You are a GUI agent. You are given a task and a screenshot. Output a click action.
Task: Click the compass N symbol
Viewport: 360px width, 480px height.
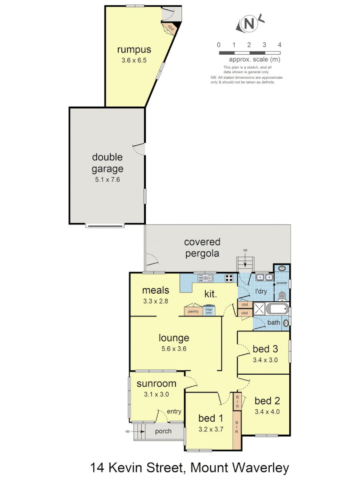250,24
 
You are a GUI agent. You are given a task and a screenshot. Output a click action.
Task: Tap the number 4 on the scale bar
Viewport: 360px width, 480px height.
279,45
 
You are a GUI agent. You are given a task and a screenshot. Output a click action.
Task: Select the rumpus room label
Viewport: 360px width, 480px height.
134,49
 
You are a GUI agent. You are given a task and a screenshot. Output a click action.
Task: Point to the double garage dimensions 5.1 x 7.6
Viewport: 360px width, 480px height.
107,180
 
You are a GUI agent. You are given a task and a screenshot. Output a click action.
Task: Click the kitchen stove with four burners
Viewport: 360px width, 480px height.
229,278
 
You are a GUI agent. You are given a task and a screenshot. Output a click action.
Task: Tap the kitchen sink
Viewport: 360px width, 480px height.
206,278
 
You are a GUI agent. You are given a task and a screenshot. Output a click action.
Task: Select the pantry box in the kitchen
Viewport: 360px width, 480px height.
193,311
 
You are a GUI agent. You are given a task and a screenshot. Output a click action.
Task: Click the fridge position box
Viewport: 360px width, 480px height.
208,311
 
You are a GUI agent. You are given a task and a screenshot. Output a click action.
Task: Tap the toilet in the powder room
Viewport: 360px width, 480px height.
281,296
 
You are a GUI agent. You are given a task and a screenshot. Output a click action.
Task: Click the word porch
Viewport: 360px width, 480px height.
163,432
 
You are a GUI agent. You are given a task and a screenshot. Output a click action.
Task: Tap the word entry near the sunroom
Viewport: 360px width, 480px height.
174,412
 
